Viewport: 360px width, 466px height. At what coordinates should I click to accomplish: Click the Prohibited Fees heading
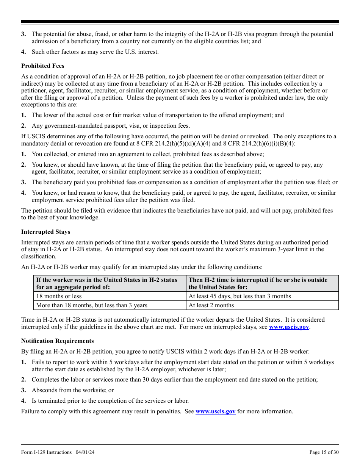[42, 66]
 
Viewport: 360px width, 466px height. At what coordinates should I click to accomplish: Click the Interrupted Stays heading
[45, 232]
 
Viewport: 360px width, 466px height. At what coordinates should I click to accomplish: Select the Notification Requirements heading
[57, 341]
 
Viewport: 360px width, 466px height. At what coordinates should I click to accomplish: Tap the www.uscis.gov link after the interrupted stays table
[289, 327]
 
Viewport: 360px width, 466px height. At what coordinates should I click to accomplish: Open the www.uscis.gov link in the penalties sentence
[215, 411]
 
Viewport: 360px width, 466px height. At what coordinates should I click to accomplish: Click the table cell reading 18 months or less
[59, 296]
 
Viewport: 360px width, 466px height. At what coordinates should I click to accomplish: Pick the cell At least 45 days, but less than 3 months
[239, 296]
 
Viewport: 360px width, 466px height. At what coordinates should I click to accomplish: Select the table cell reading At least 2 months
[211, 305]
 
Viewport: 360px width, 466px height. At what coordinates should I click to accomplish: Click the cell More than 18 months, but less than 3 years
[91, 305]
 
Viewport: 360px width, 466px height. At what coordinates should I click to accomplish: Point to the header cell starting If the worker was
[106, 283]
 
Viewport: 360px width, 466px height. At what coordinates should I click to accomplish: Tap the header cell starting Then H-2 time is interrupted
[258, 283]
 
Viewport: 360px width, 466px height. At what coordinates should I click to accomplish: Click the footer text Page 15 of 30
[324, 452]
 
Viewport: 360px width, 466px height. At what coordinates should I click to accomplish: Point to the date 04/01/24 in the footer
[83, 452]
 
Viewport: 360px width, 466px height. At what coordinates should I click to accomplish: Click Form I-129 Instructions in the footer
[46, 452]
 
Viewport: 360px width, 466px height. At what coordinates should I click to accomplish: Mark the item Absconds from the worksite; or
[72, 390]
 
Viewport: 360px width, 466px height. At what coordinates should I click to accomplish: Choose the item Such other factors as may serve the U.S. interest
[95, 52]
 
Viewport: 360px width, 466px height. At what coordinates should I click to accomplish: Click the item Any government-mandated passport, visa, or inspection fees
[111, 126]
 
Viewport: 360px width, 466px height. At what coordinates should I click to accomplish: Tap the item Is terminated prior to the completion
[110, 401]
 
